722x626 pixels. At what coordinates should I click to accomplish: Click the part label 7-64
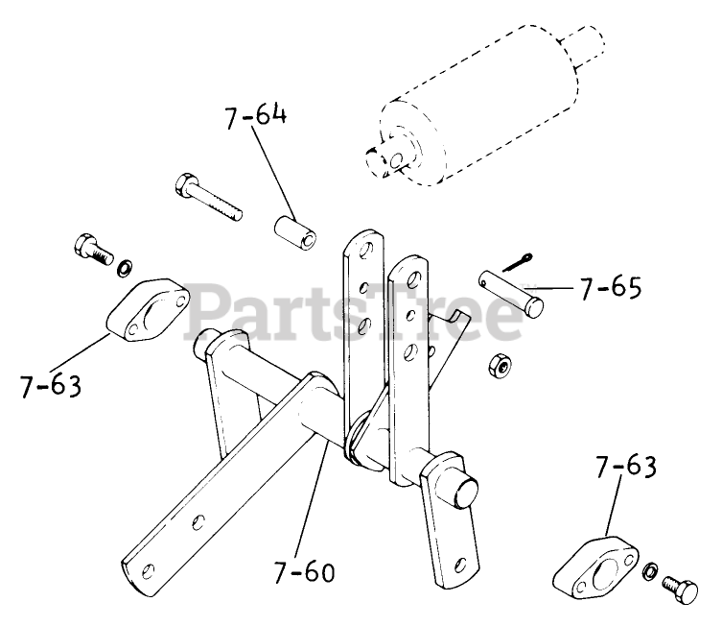pyautogui.click(x=256, y=120)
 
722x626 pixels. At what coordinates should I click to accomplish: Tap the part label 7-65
pyautogui.click(x=610, y=286)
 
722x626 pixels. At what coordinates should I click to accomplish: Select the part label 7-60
pyautogui.click(x=305, y=572)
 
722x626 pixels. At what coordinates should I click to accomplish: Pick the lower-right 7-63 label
pyautogui.click(x=626, y=469)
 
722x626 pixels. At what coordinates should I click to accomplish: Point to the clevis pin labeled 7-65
pyautogui.click(x=513, y=291)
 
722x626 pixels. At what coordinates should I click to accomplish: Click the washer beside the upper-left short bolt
pyautogui.click(x=125, y=263)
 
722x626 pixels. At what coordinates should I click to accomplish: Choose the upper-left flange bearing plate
pyautogui.click(x=147, y=312)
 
